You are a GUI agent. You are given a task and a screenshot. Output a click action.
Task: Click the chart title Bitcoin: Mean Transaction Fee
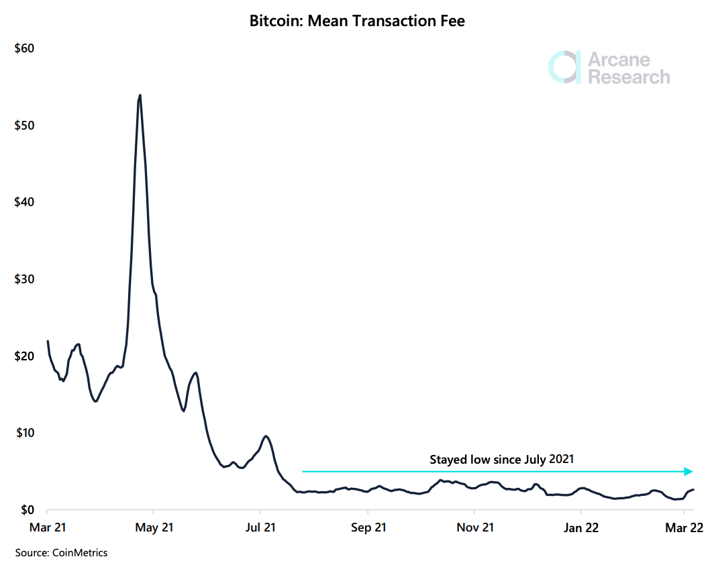[357, 21]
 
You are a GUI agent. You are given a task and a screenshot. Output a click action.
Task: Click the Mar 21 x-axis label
[48, 528]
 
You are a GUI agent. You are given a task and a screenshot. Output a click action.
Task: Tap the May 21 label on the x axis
[154, 528]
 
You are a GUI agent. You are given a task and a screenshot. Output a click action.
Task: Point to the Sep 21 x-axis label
[368, 528]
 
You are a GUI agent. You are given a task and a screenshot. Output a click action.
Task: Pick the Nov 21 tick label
[474, 528]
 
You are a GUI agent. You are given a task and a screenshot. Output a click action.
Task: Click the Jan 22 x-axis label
[580, 528]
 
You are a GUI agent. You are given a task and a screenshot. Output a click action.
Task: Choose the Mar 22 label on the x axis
[684, 528]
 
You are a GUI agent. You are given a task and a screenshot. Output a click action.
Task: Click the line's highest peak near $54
[140, 95]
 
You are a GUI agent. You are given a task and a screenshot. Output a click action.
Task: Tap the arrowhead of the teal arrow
[688, 472]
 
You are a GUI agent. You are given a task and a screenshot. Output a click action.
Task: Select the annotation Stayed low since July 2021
[502, 460]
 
